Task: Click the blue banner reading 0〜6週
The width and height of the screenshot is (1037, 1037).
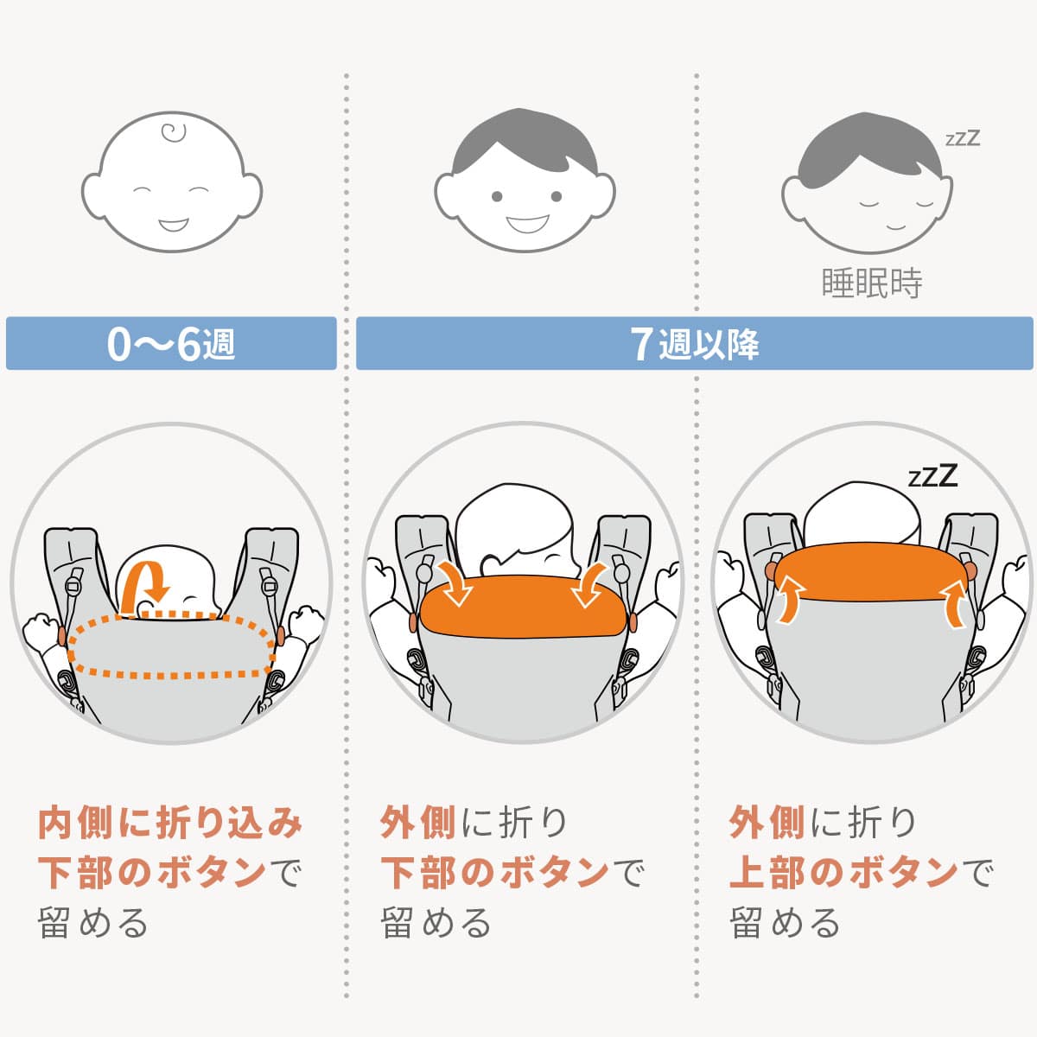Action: [x=171, y=344]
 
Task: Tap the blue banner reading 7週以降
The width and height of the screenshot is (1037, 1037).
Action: [x=694, y=344]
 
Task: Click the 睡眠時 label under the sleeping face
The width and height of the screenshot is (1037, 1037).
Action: [x=871, y=283]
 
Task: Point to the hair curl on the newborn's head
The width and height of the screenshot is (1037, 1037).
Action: [x=175, y=134]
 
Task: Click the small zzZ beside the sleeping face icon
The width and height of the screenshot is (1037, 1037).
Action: [x=962, y=138]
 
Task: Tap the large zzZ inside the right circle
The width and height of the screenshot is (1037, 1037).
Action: [x=932, y=476]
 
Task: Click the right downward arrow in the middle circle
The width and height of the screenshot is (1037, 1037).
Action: [x=590, y=585]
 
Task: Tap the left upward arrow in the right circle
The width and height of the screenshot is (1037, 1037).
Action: [x=790, y=599]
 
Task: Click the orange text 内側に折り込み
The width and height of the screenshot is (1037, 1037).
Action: [x=170, y=823]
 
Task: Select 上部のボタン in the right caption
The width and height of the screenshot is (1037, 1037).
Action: [x=843, y=873]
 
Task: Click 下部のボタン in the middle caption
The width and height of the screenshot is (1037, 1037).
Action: [x=495, y=873]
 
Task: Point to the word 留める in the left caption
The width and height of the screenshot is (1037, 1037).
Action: [x=93, y=923]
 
